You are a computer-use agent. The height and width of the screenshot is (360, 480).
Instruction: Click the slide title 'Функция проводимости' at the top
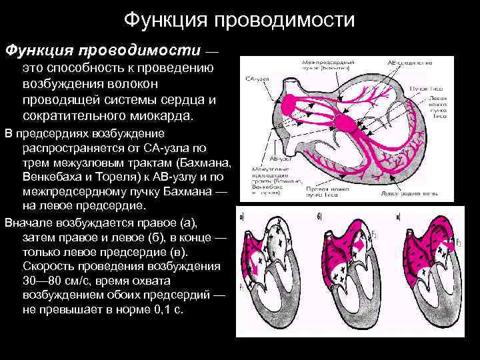point(239,21)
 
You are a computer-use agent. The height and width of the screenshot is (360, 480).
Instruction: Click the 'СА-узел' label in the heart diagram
point(257,79)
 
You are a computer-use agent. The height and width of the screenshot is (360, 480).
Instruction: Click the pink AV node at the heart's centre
point(347,123)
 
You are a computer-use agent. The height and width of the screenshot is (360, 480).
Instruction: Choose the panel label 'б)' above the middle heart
point(321,217)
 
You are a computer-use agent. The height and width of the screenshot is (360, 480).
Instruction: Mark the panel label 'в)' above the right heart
point(399,217)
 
